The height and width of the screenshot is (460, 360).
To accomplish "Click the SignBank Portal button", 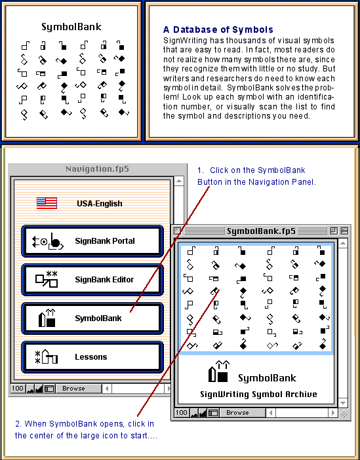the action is pos(92,241).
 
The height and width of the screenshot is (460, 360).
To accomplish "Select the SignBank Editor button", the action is pos(92,280).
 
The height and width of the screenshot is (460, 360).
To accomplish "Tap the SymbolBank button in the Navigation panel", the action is pos(92,318).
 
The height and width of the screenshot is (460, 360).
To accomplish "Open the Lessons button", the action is pos(92,357).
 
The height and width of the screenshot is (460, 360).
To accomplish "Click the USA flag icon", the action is pos(47,203).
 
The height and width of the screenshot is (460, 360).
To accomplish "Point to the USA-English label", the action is pos(100,204).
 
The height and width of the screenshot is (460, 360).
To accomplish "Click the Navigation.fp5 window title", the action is pos(97,169).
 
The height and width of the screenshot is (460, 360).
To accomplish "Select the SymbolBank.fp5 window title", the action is pos(261,231).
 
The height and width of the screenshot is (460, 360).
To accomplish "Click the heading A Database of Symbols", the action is pos(218,29).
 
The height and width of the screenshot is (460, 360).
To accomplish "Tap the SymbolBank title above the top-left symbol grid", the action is pos(71,27).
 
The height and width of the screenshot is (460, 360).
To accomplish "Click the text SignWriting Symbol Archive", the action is pos(258,394).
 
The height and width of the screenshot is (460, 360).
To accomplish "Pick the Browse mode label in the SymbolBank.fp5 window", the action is pos(237,413).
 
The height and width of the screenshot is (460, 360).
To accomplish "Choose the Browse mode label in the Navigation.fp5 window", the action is pos(73,389).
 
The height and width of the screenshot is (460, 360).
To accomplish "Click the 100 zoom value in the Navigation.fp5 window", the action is pos(17,389).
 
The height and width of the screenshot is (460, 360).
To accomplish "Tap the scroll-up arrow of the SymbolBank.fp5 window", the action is pos(343,243).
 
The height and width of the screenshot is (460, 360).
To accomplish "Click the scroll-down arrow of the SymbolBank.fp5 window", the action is pos(343,402).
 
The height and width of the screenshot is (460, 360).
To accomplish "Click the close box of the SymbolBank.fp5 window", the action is pos(177,231).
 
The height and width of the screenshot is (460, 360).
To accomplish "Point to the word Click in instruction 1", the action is pos(220,170).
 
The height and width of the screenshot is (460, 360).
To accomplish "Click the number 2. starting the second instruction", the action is pos(18,424).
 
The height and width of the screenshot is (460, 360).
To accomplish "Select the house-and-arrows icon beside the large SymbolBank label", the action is pos(219,372).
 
